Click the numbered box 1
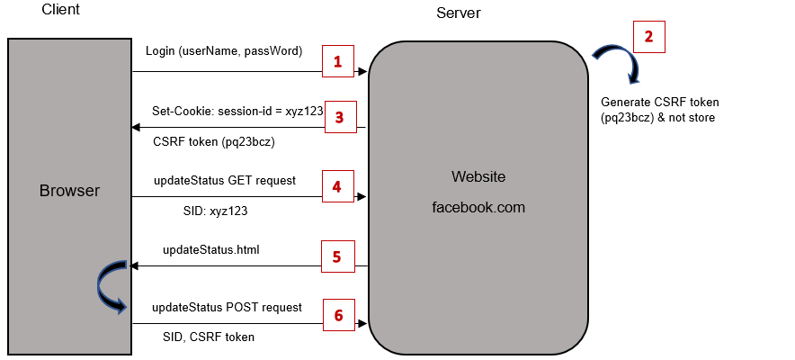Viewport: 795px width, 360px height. [338, 62]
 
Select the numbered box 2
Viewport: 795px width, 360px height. [649, 37]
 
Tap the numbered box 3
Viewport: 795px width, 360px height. [339, 117]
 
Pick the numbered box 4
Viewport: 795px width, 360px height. [336, 187]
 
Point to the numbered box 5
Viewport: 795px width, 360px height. [336, 256]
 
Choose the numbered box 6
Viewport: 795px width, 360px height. [338, 315]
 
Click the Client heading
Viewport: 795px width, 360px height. [60, 11]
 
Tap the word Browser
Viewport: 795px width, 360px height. [69, 191]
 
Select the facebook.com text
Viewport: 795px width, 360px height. [478, 207]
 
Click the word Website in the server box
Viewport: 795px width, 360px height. [478, 175]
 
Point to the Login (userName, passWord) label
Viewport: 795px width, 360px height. [224, 50]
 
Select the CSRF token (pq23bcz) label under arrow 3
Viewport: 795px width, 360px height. [213, 142]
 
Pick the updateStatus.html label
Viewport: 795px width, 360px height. [211, 249]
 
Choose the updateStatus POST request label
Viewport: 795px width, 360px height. [226, 308]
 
